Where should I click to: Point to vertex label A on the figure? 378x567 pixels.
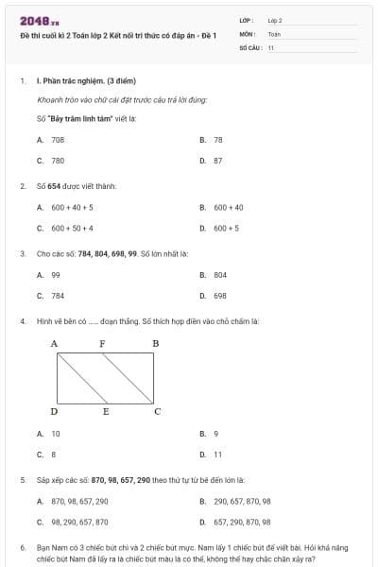(54, 343)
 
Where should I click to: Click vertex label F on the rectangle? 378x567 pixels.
(102, 343)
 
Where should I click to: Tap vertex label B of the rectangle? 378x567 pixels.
(156, 343)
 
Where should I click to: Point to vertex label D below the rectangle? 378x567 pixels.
(54, 411)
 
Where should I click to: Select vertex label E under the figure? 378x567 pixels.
(106, 411)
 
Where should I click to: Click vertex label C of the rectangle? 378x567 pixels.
(157, 411)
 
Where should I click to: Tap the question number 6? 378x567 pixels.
(22, 546)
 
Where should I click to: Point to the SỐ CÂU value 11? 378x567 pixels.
(271, 46)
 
